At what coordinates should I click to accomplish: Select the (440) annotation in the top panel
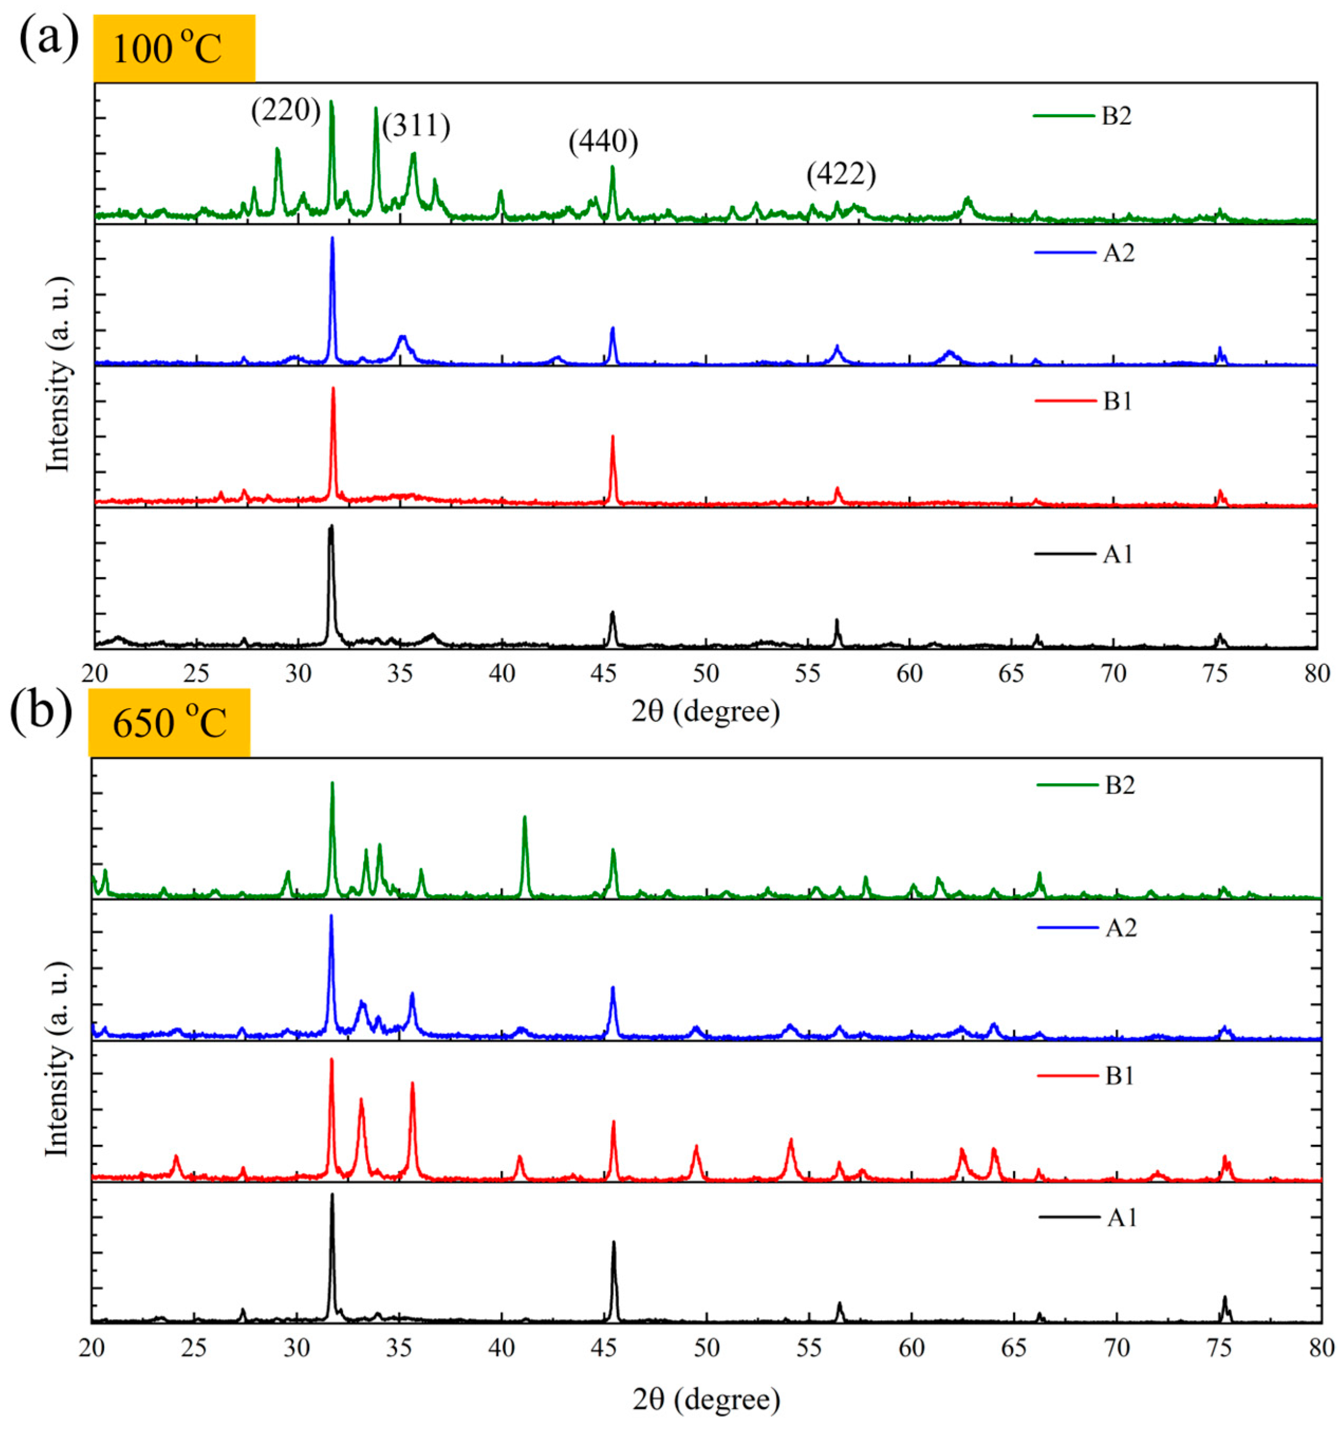pyautogui.click(x=603, y=142)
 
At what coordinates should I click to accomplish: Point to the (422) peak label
pyautogui.click(x=841, y=174)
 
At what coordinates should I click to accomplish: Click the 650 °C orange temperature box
pyautogui.click(x=169, y=723)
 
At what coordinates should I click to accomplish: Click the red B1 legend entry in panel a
pyautogui.click(x=1084, y=401)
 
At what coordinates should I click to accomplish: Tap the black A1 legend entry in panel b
pyautogui.click(x=1088, y=1217)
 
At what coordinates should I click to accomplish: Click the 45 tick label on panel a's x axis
pyautogui.click(x=603, y=674)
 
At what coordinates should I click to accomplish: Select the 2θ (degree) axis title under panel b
pyautogui.click(x=706, y=1399)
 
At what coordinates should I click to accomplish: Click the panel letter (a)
pyautogui.click(x=48, y=40)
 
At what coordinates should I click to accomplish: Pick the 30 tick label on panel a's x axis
pyautogui.click(x=297, y=674)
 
